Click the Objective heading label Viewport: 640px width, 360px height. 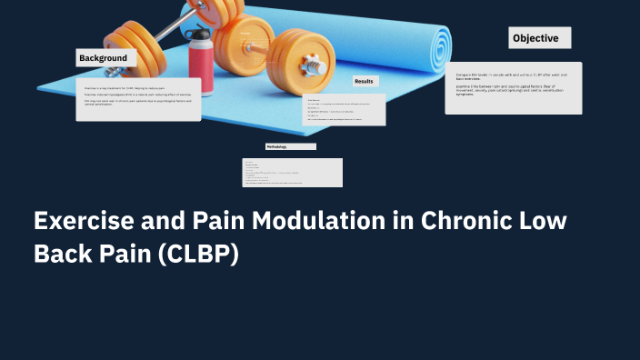(x=540, y=38)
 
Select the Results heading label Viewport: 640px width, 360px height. (x=365, y=82)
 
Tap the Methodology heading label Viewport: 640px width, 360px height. (x=290, y=146)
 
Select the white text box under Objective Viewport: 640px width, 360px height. (x=514, y=88)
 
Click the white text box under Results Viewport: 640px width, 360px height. (x=344, y=110)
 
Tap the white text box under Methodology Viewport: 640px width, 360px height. (x=292, y=173)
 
